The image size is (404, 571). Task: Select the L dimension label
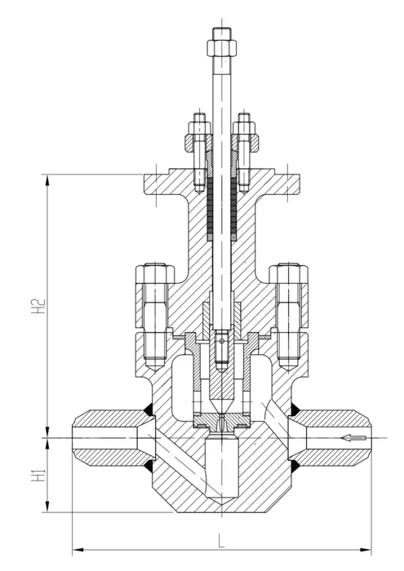click(221, 541)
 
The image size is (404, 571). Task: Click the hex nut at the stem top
click(222, 47)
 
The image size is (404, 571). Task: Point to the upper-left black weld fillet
click(149, 410)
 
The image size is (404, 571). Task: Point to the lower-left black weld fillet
click(149, 466)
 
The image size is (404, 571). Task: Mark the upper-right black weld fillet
click(295, 410)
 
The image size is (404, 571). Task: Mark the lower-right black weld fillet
click(295, 466)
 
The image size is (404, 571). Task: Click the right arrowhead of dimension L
click(366, 549)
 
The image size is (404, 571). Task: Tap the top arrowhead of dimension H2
click(47, 180)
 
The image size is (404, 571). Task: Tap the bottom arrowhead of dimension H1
click(47, 507)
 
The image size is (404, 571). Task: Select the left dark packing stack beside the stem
click(210, 206)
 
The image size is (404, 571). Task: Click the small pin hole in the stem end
click(221, 341)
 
